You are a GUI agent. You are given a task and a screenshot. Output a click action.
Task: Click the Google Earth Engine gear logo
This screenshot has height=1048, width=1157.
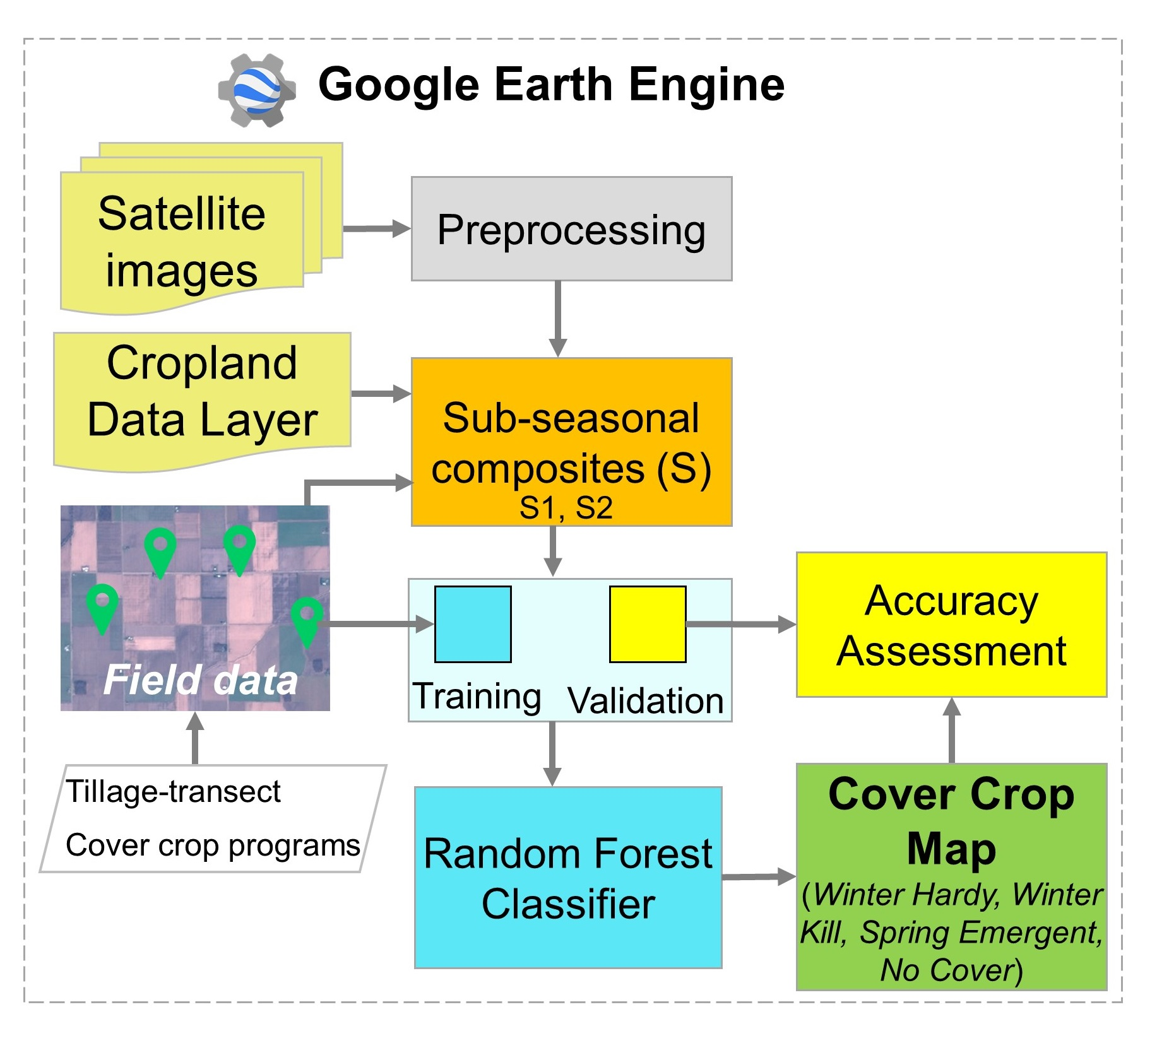tap(256, 90)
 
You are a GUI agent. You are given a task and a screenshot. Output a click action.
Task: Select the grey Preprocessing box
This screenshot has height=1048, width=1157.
tap(571, 229)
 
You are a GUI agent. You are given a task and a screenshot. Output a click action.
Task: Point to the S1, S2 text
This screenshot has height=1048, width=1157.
tap(566, 509)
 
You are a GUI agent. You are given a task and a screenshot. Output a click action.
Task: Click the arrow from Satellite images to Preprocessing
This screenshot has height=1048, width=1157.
tap(376, 228)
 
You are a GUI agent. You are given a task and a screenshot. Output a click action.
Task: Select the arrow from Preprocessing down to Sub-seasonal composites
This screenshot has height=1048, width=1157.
tap(557, 318)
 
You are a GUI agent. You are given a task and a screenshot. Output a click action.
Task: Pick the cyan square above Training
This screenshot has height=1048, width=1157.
tap(473, 624)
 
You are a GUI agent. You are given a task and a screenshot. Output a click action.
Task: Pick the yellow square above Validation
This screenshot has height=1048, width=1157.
tap(648, 624)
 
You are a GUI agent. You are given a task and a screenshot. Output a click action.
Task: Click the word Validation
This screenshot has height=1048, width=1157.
tap(645, 701)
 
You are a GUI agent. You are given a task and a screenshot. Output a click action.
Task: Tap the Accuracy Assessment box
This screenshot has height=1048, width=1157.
tap(951, 625)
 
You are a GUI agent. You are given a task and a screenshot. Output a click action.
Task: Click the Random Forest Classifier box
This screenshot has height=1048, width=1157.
tap(568, 878)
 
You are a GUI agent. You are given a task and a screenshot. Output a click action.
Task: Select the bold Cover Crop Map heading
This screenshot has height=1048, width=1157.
tap(951, 820)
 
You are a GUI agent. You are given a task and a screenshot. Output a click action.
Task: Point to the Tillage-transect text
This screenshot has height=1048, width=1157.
tap(174, 792)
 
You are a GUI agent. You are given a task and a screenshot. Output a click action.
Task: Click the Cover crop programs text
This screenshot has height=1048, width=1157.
tap(213, 845)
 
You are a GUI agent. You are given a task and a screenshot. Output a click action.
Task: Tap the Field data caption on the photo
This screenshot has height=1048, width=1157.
tap(201, 680)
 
